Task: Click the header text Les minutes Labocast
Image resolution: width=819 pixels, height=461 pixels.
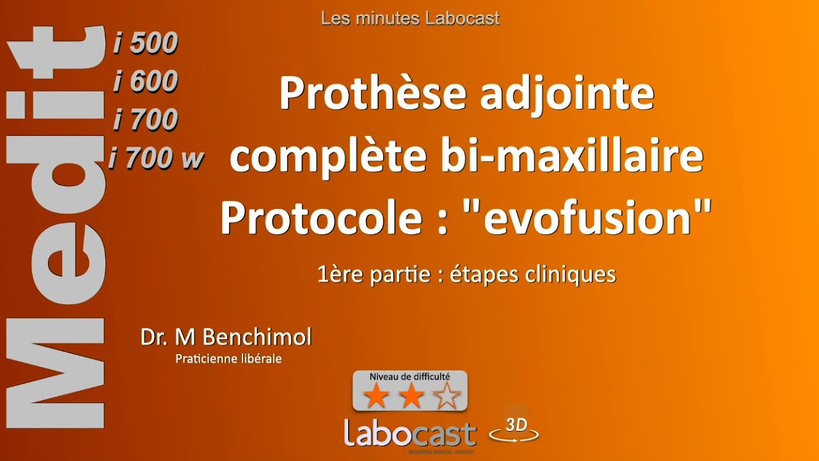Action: [x=410, y=19]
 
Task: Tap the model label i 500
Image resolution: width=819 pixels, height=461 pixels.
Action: [x=145, y=44]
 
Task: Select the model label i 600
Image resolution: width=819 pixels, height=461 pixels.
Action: [x=145, y=82]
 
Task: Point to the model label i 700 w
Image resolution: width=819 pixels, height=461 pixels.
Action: [x=155, y=159]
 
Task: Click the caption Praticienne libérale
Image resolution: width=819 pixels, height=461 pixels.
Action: [x=228, y=359]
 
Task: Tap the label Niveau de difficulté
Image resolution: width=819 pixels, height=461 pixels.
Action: [x=410, y=377]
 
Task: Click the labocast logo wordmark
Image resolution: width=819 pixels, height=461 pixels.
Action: [x=410, y=433]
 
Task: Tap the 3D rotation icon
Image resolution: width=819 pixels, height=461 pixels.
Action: [x=514, y=430]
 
